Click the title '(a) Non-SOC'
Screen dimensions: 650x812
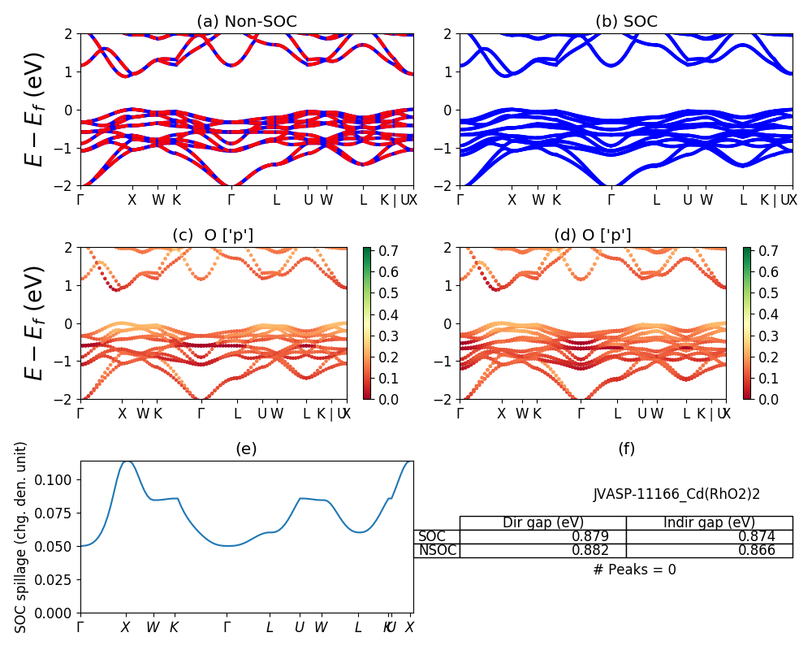(x=246, y=21)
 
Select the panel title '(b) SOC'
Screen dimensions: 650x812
(x=626, y=21)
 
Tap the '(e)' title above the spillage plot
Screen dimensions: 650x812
(x=246, y=448)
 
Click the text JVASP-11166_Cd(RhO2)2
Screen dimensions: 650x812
(x=676, y=494)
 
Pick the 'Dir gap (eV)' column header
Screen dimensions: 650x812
(x=543, y=522)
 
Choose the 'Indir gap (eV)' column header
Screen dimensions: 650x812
(x=709, y=522)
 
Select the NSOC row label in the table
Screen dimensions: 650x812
(x=438, y=550)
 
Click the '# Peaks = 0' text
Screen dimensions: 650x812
(x=634, y=570)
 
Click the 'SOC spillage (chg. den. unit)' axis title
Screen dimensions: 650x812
(x=21, y=536)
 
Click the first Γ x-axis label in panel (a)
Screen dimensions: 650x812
(x=80, y=199)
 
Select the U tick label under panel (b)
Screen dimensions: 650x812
(x=687, y=199)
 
